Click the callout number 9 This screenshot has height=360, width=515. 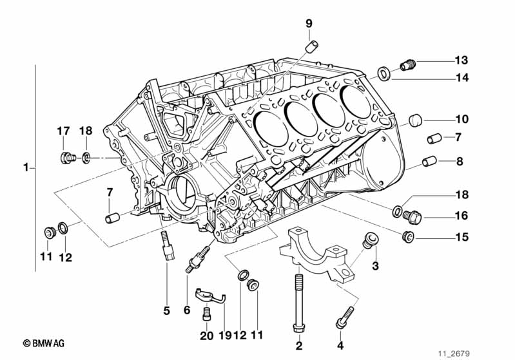coord(309,24)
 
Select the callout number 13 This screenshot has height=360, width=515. coord(462,61)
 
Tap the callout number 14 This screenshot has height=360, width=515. coord(462,78)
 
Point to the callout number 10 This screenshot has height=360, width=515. coord(462,119)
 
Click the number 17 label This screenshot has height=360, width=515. coord(63,131)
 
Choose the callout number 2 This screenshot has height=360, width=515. coord(299,345)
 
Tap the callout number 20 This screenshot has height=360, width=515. coord(207,336)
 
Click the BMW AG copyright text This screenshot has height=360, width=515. coord(44,343)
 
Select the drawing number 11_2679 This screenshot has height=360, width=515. coord(454,354)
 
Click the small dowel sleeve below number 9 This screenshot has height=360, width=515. coord(312,46)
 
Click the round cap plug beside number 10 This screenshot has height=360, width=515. coord(415,120)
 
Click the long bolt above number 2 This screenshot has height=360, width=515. coord(299,301)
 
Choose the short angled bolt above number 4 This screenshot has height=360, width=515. coord(345,317)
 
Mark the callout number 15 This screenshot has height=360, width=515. coord(462,237)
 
